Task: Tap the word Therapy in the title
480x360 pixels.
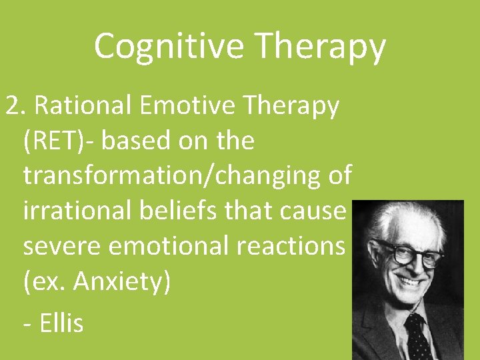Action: pyautogui.click(x=321, y=47)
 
